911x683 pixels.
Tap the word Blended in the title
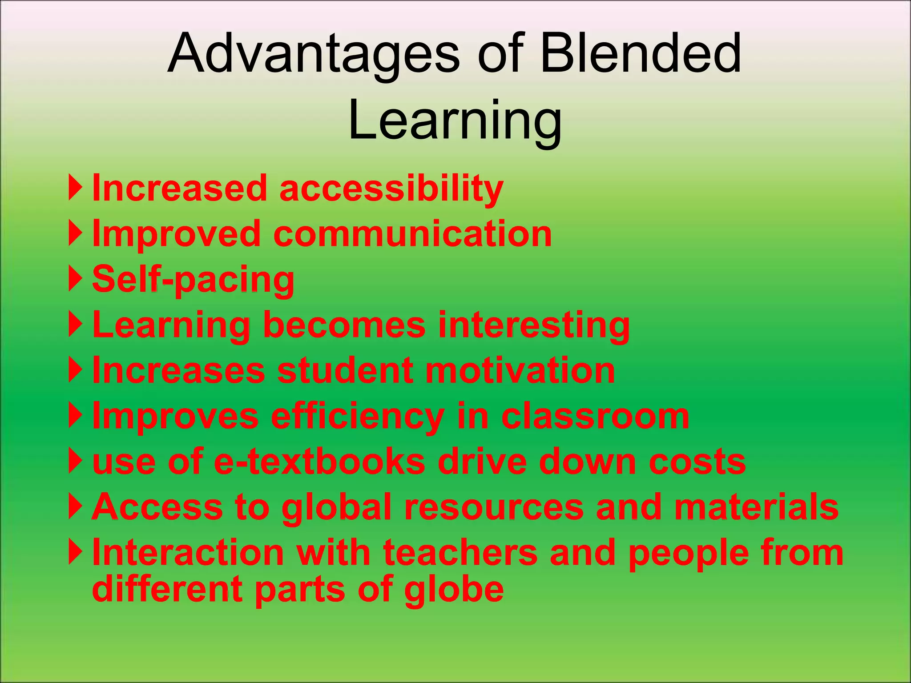pyautogui.click(x=641, y=54)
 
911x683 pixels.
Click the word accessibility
pyautogui.click(x=391, y=189)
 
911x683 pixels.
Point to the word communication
pyautogui.click(x=412, y=234)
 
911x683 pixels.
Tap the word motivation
pyautogui.click(x=520, y=371)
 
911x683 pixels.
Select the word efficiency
pyautogui.click(x=357, y=417)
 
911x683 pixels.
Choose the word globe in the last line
pyautogui.click(x=454, y=589)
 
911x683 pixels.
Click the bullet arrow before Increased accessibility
pyautogui.click(x=76, y=188)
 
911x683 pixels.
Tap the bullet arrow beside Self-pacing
pyautogui.click(x=76, y=279)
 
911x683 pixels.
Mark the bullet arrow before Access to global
pyautogui.click(x=76, y=506)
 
